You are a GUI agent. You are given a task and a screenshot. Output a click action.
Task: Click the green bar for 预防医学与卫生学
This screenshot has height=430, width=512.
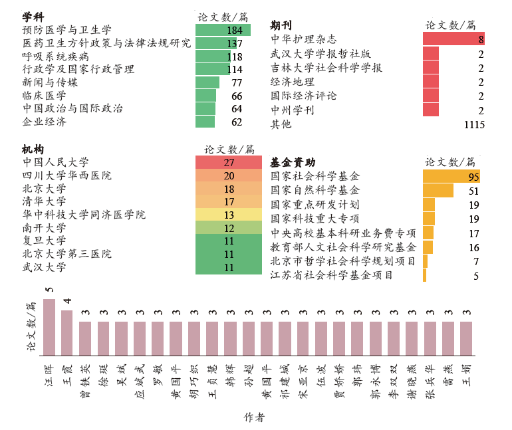tap(223, 30)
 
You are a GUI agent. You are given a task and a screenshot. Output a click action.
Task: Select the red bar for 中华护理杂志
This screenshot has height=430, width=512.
tap(453, 39)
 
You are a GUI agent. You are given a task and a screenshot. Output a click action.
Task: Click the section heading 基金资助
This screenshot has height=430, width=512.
tap(293, 162)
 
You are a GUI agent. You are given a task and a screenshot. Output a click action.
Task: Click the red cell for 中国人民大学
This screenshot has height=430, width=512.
tap(229, 162)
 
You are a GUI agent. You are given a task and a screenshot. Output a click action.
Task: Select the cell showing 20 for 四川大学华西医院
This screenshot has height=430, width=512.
tap(229, 176)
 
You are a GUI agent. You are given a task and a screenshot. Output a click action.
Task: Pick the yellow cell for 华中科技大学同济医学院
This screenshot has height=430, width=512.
tap(229, 215)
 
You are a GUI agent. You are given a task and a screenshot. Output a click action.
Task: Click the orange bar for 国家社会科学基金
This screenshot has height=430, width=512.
tap(451, 177)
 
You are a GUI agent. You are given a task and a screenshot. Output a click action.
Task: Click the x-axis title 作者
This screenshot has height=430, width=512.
tap(254, 417)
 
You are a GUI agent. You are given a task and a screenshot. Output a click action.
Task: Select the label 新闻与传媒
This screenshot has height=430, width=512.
tap(50, 82)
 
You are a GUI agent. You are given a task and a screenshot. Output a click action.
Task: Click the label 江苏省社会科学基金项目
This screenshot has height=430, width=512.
tap(332, 275)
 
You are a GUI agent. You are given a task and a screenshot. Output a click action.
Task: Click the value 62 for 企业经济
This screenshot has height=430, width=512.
tap(237, 122)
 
